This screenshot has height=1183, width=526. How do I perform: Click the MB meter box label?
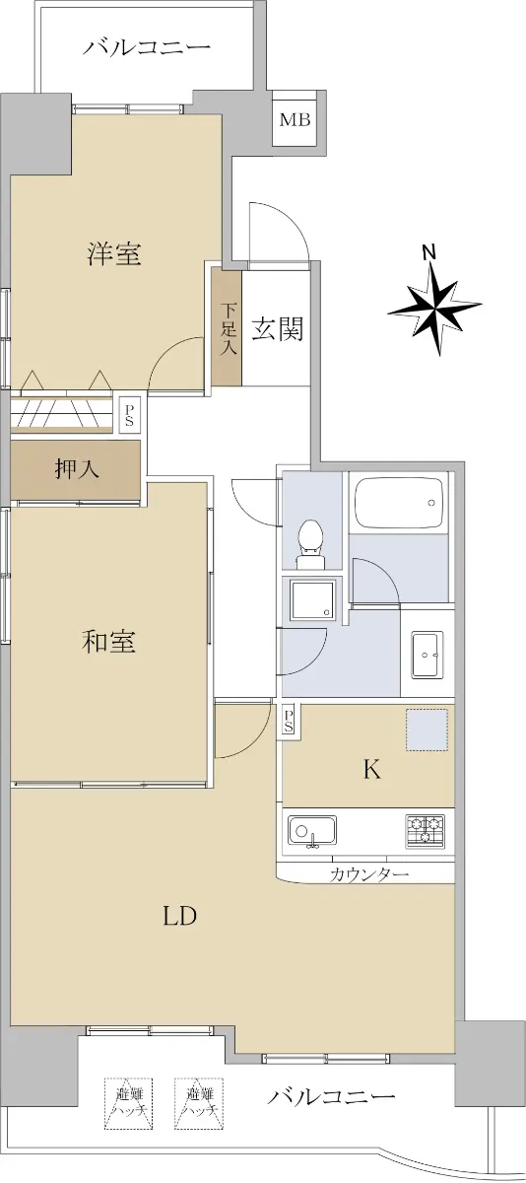295,120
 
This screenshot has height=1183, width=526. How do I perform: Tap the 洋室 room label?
114,254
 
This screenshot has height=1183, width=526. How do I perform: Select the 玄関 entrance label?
277,329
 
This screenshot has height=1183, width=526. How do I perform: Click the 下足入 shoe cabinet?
227,327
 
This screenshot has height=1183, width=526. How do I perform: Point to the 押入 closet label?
77,468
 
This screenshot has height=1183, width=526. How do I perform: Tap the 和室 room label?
108,641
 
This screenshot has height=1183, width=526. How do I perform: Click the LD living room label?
179,916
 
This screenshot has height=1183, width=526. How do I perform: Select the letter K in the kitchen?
372,771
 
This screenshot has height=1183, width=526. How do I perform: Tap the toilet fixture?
310,545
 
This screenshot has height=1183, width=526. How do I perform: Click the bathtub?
398,503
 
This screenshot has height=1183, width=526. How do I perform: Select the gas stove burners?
425,831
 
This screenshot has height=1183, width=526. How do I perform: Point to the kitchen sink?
312,831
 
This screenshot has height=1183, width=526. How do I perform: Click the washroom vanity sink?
427,656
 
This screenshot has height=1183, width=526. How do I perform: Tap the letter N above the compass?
431,252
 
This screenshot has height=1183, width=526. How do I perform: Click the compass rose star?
434,308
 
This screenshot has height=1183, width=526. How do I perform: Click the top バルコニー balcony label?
147,47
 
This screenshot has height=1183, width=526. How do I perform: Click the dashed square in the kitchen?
427,730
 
